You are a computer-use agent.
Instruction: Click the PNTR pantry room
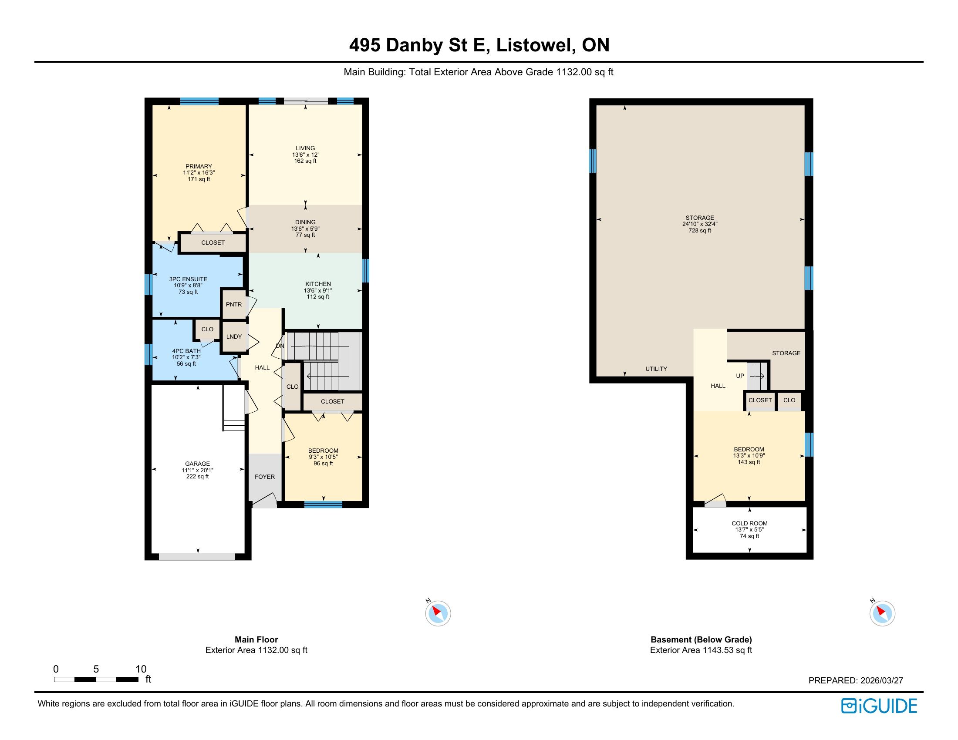pyautogui.click(x=234, y=304)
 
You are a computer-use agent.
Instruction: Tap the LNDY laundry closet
pyautogui.click(x=234, y=336)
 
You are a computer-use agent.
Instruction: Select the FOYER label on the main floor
pyautogui.click(x=265, y=477)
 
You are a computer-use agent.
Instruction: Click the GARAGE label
pyautogui.click(x=197, y=464)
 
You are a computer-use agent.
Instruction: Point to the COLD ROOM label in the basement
pyautogui.click(x=749, y=523)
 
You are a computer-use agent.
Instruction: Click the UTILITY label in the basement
pyautogui.click(x=656, y=369)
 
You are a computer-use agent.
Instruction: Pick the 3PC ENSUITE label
pyautogui.click(x=188, y=279)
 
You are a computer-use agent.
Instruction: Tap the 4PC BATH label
pyautogui.click(x=186, y=351)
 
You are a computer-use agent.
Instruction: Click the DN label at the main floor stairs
pyautogui.click(x=280, y=346)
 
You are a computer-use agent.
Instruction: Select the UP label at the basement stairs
pyautogui.click(x=740, y=376)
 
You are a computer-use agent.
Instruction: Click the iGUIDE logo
pyautogui.click(x=879, y=706)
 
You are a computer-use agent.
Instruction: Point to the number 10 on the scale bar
pyautogui.click(x=141, y=669)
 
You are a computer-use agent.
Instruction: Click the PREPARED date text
pyautogui.click(x=856, y=680)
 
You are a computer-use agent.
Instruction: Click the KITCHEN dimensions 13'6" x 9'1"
pyautogui.click(x=318, y=290)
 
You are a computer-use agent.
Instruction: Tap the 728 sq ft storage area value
pyautogui.click(x=700, y=230)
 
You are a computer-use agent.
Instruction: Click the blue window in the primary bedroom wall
pyautogui.click(x=199, y=101)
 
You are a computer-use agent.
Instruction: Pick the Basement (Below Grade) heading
pyautogui.click(x=701, y=639)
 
